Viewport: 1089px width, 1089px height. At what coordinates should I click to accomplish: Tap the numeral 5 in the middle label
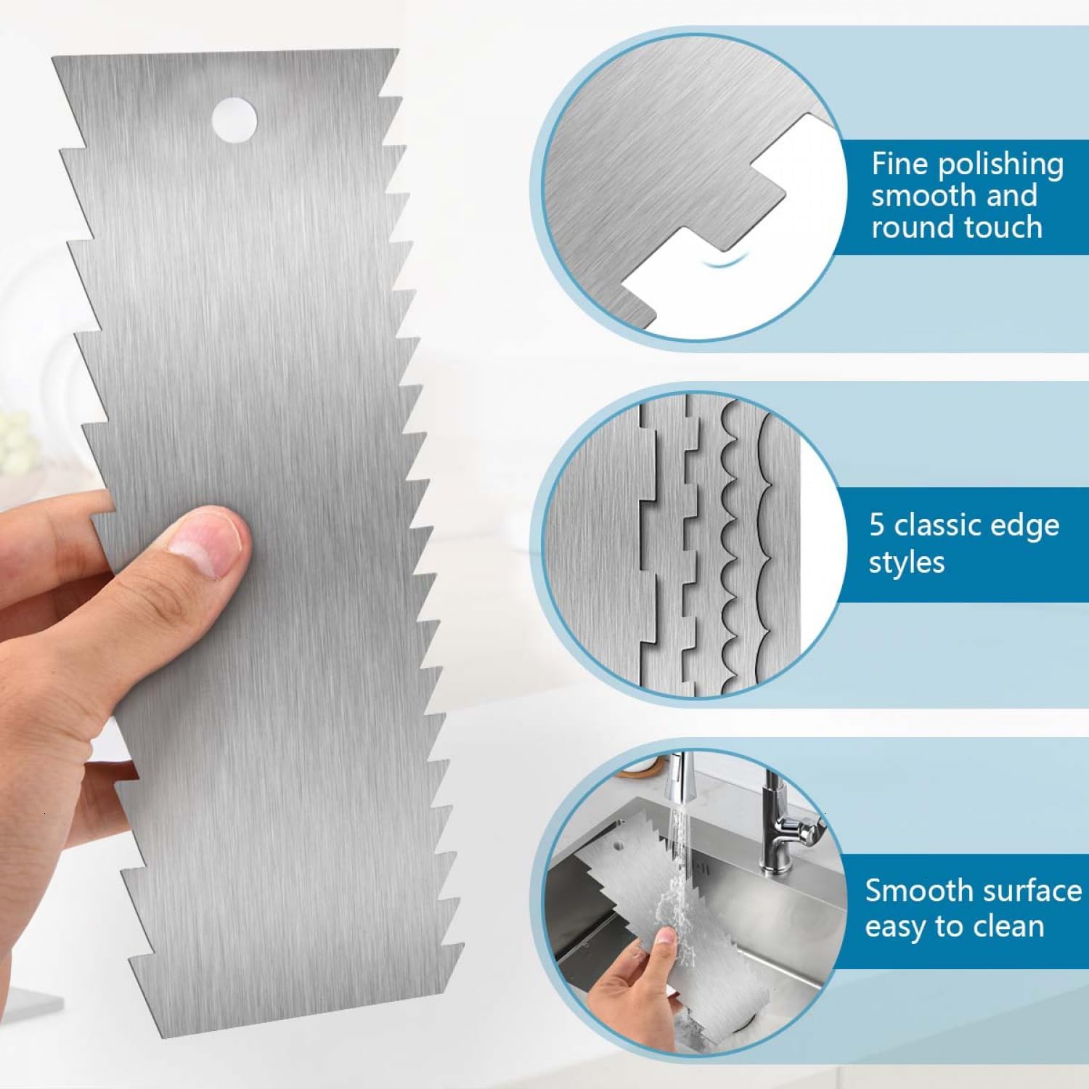[x=878, y=525]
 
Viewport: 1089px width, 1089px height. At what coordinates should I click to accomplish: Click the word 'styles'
[x=907, y=563]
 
